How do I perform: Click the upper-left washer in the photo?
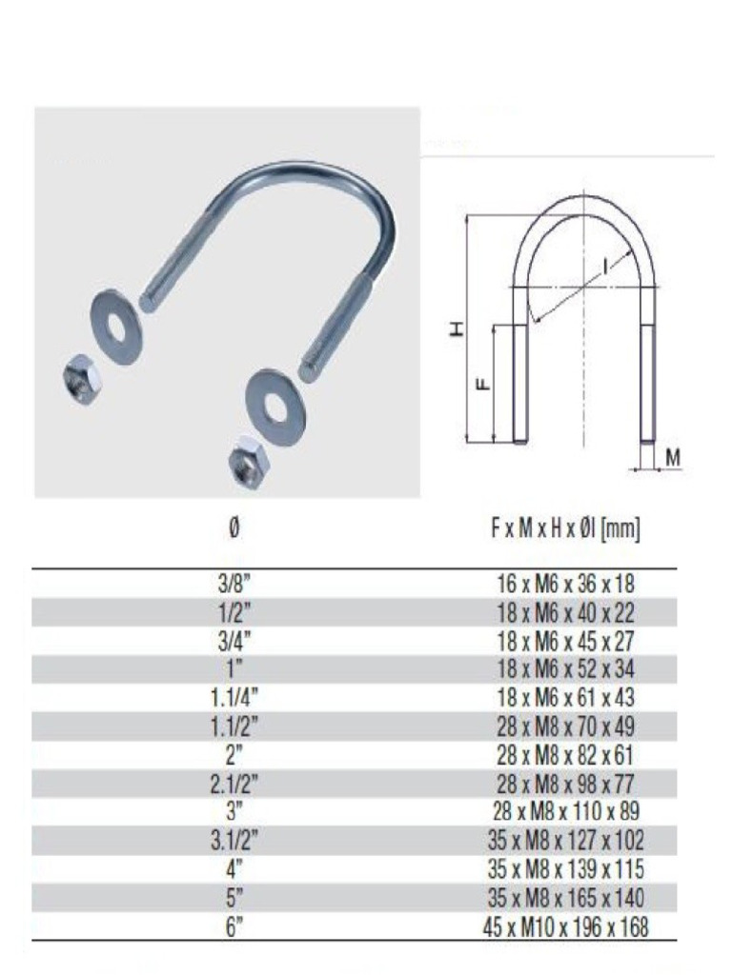pyautogui.click(x=116, y=324)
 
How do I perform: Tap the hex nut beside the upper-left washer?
pyautogui.click(x=80, y=380)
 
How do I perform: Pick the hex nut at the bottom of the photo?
pyautogui.click(x=249, y=462)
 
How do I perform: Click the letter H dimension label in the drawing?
pyautogui.click(x=458, y=329)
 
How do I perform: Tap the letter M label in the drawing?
pyautogui.click(x=673, y=458)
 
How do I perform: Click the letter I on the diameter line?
pyautogui.click(x=605, y=268)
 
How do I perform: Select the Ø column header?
pyautogui.click(x=234, y=528)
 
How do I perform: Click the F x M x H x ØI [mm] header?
pyautogui.click(x=559, y=528)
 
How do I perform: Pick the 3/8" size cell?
pyautogui.click(x=234, y=584)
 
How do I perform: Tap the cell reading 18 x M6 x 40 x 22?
pyautogui.click(x=559, y=612)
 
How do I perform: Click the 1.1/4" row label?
pyautogui.click(x=234, y=698)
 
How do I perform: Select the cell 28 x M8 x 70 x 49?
pyautogui.click(x=559, y=727)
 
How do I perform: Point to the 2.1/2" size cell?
pyautogui.click(x=234, y=785)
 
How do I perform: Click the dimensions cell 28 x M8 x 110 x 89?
pyautogui.click(x=559, y=812)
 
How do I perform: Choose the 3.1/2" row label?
pyautogui.click(x=234, y=842)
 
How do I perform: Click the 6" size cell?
pyautogui.click(x=234, y=927)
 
